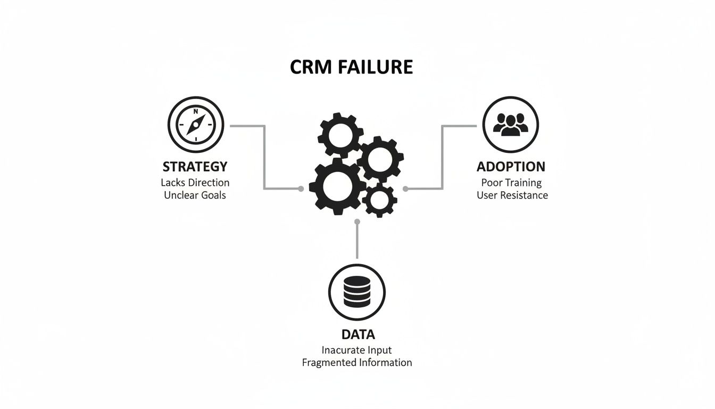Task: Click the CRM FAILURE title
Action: [x=351, y=67]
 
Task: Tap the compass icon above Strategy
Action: [x=195, y=124]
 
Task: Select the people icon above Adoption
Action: [x=510, y=124]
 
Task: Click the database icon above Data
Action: [x=356, y=292]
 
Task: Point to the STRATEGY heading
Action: [x=195, y=167]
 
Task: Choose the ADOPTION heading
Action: [x=511, y=167]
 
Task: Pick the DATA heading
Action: [x=358, y=334]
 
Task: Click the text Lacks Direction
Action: [x=195, y=183]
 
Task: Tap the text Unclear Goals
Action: [x=195, y=195]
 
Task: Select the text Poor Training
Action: [x=511, y=183]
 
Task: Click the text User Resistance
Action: [x=512, y=195]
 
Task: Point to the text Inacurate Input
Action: [x=356, y=350]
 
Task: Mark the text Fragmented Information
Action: [x=356, y=363]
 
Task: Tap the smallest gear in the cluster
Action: [x=379, y=200]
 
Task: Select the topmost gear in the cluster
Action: [x=341, y=136]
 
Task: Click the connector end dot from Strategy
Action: [x=301, y=189]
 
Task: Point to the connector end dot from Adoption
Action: [x=406, y=189]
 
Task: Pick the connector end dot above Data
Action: [x=357, y=221]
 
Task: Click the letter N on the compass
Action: [x=196, y=112]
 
